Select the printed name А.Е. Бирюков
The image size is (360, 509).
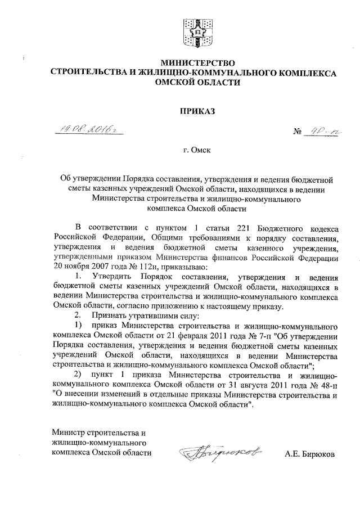tap(309, 453)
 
